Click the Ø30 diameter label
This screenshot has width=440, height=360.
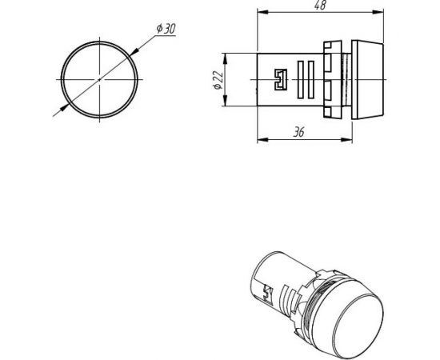click(x=166, y=29)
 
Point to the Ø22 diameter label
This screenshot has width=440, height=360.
click(x=217, y=79)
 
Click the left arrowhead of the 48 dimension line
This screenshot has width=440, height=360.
click(x=260, y=13)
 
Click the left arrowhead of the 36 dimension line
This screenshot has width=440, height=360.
click(x=260, y=140)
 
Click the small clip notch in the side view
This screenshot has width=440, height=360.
click(x=279, y=79)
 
